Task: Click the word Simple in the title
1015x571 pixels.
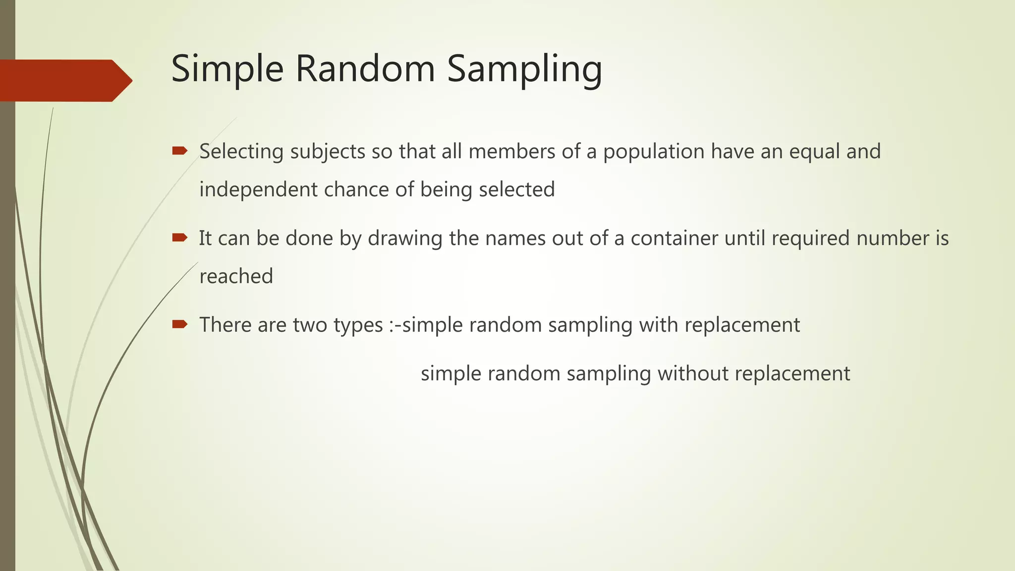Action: pos(227,69)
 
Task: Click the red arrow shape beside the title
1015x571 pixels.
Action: pos(64,81)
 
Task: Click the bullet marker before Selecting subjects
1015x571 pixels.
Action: pos(179,151)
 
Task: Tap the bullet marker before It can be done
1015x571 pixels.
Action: pos(179,238)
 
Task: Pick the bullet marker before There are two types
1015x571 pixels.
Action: pos(179,325)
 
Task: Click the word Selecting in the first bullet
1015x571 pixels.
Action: pos(241,152)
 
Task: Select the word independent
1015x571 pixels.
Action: pos(258,190)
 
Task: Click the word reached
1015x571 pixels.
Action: pos(236,277)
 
